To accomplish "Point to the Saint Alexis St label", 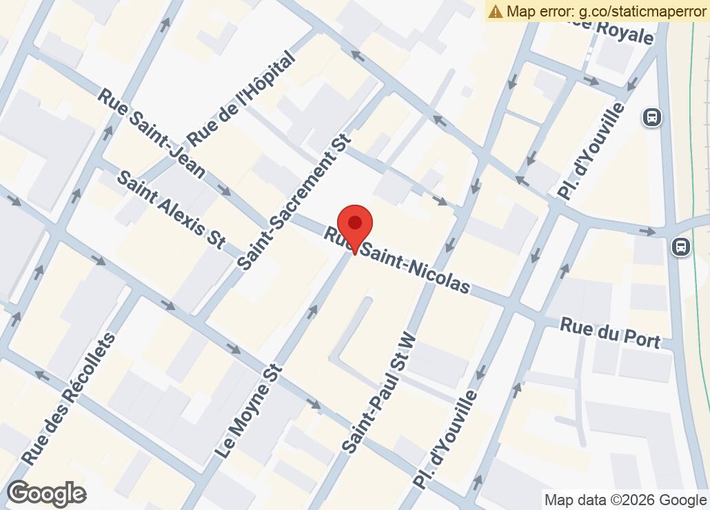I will (171, 209).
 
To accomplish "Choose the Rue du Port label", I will (610, 333).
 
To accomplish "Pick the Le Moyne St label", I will (249, 411).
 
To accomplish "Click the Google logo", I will (46, 493).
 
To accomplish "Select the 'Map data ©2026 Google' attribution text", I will (625, 500).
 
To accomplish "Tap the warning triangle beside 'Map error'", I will (496, 11).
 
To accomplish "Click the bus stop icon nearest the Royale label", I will (651, 117).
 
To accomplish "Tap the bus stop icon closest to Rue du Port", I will (681, 246).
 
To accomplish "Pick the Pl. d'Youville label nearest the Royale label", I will (591, 152).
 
